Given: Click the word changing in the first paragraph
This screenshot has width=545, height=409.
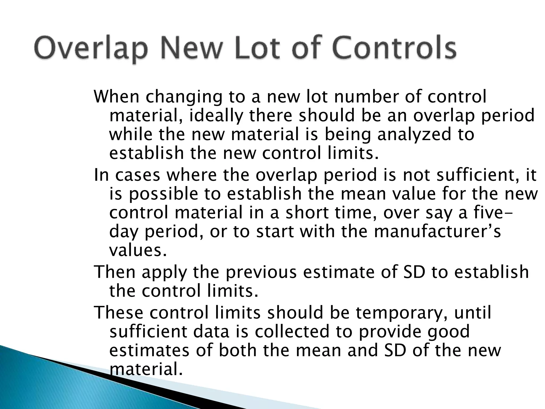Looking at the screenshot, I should point(184,97).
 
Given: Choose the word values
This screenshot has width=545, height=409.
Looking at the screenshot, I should point(138,251).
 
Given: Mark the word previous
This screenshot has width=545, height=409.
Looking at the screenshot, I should point(261,272).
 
